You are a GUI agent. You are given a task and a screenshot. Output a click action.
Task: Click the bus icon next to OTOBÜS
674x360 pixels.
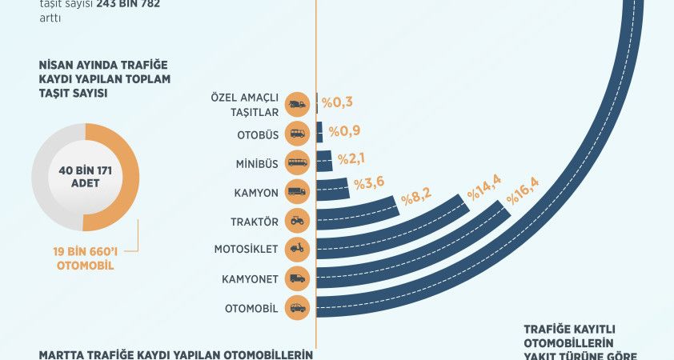[x=297, y=134]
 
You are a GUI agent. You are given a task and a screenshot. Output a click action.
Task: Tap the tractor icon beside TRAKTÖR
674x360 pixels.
[x=297, y=220]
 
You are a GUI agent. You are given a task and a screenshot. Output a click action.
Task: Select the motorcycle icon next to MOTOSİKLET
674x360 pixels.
[x=297, y=249]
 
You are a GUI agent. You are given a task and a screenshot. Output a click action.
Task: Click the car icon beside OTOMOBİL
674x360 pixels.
[x=297, y=307]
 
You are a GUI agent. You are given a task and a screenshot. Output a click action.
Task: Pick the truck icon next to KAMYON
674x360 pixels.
[x=297, y=192]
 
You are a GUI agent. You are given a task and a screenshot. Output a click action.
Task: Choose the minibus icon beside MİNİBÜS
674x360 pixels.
[x=297, y=163]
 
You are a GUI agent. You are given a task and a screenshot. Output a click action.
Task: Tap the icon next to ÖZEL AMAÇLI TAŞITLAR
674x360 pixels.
[x=297, y=105]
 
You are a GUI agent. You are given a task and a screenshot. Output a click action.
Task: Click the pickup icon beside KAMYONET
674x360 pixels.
[x=297, y=278]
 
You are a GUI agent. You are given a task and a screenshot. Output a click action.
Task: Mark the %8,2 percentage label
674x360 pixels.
[x=417, y=198]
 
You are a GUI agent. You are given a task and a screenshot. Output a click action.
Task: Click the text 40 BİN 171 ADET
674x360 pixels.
[x=84, y=177]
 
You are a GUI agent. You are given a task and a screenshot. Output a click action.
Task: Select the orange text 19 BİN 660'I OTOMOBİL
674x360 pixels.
[x=86, y=258]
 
